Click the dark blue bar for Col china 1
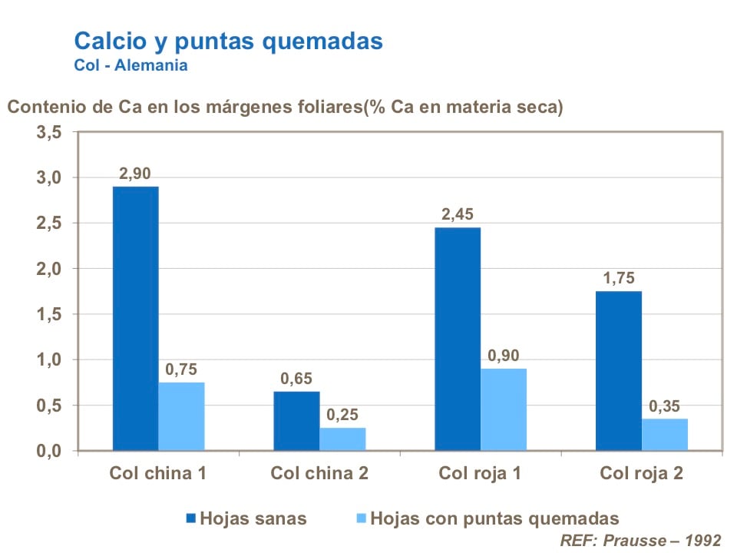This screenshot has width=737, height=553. [135, 318]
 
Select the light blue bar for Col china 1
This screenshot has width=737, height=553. [181, 416]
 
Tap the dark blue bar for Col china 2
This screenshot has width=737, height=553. [296, 421]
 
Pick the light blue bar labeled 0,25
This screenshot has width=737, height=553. [342, 439]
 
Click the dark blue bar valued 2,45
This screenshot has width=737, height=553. [458, 339]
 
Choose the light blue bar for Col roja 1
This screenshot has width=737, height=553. [504, 409]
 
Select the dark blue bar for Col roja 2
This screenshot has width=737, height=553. [619, 370]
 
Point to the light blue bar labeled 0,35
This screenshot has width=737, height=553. [665, 434]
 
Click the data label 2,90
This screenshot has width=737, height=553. [136, 173]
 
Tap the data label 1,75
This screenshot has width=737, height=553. [619, 278]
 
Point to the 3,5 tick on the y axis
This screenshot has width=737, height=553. [48, 133]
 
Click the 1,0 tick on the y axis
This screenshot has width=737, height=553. [48, 360]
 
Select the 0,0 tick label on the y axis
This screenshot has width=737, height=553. [48, 451]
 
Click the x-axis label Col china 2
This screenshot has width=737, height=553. [319, 473]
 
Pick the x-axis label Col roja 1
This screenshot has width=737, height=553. [480, 473]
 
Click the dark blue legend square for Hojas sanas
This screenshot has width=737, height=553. [191, 518]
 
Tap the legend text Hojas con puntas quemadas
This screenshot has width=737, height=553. [494, 518]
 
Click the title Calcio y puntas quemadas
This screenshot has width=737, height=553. [228, 41]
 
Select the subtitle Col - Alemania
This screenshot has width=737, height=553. [131, 65]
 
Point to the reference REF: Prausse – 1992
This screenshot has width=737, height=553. [636, 539]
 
